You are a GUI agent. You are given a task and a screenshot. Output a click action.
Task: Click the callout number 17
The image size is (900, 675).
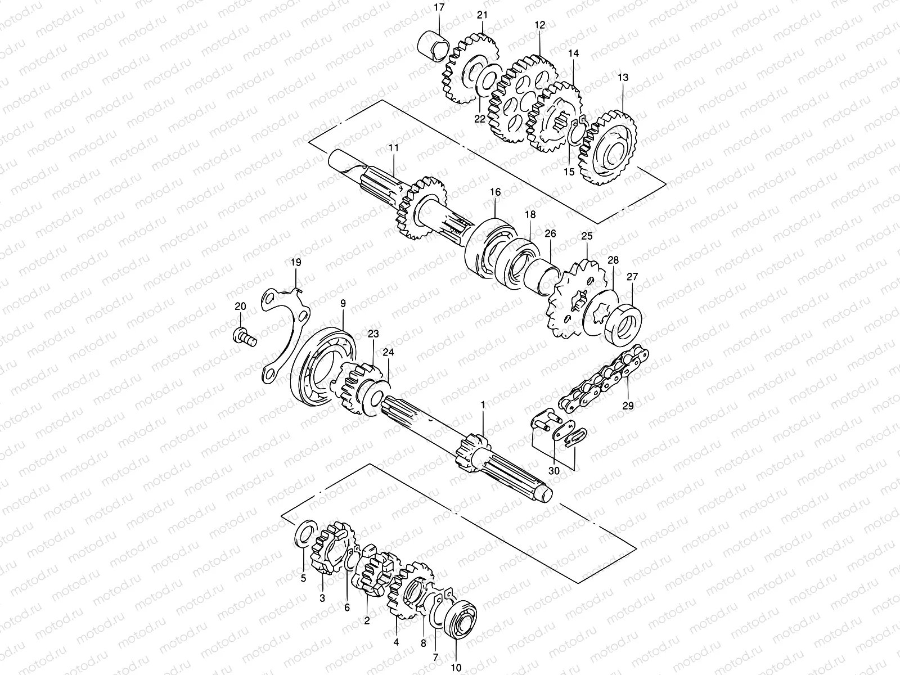tap(439, 8)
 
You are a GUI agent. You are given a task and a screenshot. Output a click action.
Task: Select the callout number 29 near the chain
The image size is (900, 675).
tap(628, 405)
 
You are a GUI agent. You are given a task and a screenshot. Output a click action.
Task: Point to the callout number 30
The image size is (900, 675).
tap(554, 471)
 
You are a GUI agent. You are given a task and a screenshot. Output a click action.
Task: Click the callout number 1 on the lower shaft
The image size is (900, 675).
tap(482, 405)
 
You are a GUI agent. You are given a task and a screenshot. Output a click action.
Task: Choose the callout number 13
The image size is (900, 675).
tap(623, 77)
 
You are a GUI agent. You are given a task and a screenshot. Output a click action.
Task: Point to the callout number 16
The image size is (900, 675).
tap(494, 192)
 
